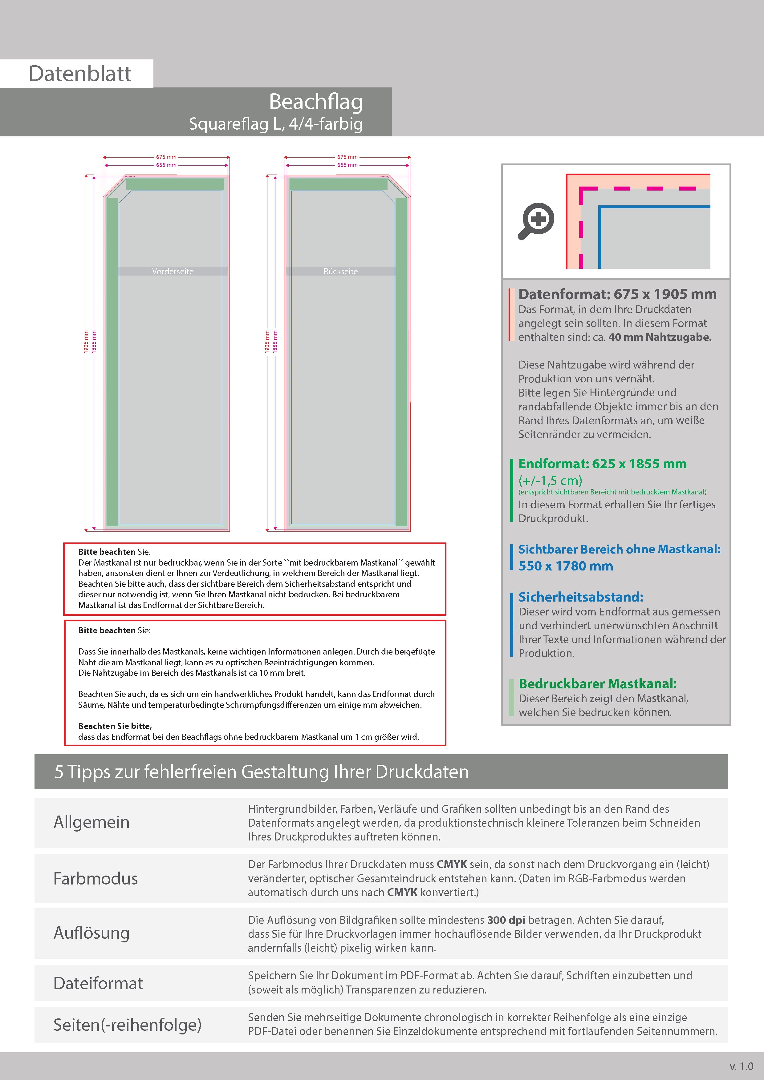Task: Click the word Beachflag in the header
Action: pos(315,102)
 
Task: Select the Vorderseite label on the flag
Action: pos(173,272)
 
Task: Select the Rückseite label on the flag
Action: pos(340,272)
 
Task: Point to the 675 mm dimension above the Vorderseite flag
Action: pos(166,157)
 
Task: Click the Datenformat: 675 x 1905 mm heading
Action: pos(617,294)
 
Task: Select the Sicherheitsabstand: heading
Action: pos(580,597)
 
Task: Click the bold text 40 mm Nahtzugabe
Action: pos(660,337)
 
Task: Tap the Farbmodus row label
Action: pos(95,879)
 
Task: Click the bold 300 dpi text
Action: pos(506,920)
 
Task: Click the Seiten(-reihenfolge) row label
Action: pos(127,1025)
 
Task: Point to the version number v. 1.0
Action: pos(742,1066)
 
